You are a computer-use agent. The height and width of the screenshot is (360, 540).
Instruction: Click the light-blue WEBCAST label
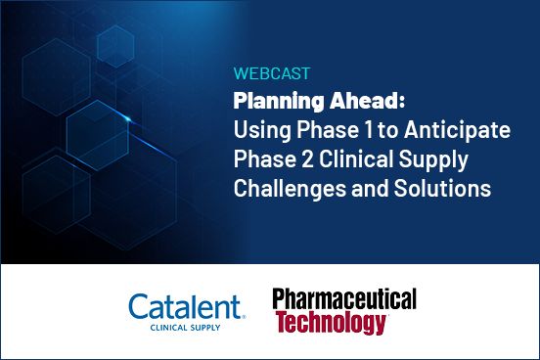tap(267, 73)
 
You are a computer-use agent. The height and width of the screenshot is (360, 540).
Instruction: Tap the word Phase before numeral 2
tap(264, 159)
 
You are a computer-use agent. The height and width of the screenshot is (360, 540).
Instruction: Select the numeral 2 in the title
tap(308, 159)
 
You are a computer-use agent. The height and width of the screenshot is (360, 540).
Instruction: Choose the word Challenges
tap(287, 189)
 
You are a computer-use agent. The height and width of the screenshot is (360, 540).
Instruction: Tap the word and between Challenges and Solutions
tap(365, 189)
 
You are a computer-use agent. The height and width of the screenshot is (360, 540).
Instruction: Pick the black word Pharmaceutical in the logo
tap(344, 300)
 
